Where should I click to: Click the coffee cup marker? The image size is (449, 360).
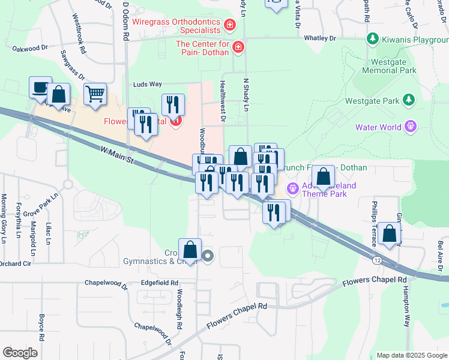click(40, 88)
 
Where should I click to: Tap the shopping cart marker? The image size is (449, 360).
click(95, 94)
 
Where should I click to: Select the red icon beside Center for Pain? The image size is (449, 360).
click(238, 46)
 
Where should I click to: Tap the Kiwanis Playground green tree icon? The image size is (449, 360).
click(372, 38)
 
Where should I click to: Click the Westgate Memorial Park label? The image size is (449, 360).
click(384, 65)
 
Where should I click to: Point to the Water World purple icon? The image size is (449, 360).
click(410, 127)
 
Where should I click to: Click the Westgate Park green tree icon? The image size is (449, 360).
click(408, 99)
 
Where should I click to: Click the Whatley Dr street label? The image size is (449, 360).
click(320, 38)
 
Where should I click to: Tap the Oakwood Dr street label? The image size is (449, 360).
click(29, 48)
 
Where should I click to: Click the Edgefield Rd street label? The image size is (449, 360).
click(160, 282)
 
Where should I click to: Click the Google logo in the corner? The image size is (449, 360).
click(20, 352)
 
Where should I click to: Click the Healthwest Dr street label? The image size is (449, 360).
click(222, 102)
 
